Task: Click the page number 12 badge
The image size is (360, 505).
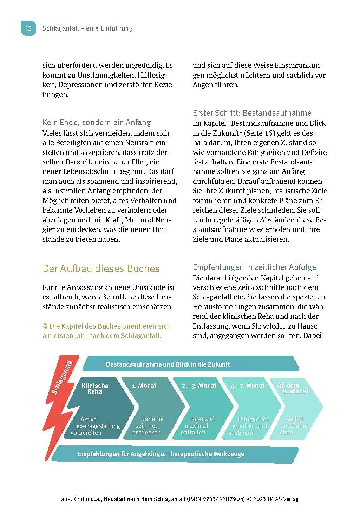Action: point(28,28)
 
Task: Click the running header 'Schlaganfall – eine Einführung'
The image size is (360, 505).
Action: point(87,28)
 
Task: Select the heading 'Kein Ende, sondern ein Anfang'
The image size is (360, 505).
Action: point(97,122)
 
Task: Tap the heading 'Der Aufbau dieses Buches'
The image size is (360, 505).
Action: point(101,268)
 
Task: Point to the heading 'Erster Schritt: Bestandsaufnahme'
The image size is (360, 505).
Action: point(252,113)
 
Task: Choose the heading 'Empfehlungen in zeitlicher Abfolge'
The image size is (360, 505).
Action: point(254,267)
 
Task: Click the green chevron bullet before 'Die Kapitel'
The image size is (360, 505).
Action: point(45,326)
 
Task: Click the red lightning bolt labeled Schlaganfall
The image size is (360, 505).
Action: point(60,394)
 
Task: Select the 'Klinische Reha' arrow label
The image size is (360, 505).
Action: point(95,388)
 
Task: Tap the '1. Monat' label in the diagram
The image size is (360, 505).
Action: point(144,386)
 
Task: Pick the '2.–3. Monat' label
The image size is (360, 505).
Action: point(199,386)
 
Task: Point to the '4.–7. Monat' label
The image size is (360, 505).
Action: point(247,386)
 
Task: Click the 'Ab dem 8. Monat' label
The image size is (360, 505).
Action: point(293,388)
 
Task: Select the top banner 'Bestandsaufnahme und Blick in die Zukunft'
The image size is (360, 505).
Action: point(168,364)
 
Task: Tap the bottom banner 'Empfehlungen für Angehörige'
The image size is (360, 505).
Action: point(161,454)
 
